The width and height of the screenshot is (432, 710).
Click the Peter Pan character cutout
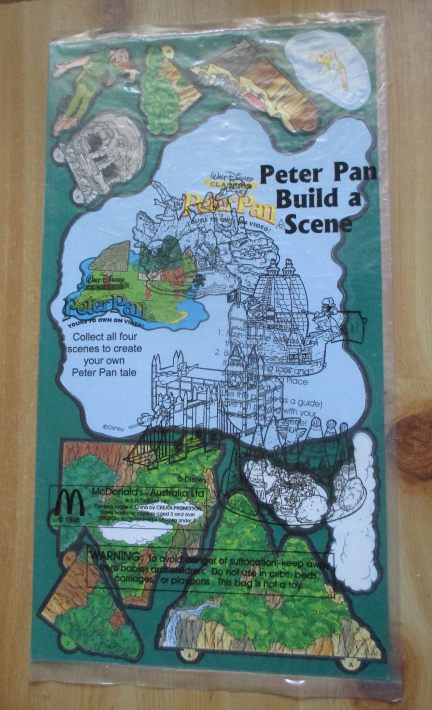pyautogui.click(x=92, y=82)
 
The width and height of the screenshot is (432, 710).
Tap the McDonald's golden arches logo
pyautogui.click(x=69, y=503)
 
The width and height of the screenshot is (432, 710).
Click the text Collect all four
pyautogui.click(x=105, y=336)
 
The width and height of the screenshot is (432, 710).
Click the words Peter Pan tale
pyautogui.click(x=105, y=372)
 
